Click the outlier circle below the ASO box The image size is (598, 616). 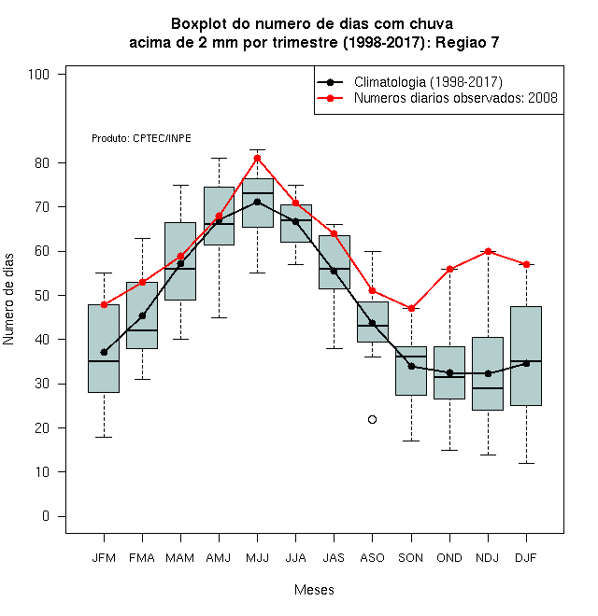372,420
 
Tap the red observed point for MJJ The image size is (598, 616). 257,159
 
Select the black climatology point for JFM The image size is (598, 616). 104,353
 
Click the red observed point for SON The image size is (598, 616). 411,308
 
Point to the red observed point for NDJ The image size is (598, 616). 489,251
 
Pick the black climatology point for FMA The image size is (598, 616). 142,315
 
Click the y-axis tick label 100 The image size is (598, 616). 38,75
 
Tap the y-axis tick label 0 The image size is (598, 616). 46,516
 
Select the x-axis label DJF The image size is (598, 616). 526,558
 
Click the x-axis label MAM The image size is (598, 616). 180,558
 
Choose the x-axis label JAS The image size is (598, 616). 334,558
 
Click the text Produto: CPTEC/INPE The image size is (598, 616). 141,138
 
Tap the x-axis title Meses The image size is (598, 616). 314,590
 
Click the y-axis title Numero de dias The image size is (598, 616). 8,300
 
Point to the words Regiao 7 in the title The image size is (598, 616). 467,42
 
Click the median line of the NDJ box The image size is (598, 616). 489,388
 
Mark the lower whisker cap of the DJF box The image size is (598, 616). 526,464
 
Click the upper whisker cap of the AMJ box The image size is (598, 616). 220,159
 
